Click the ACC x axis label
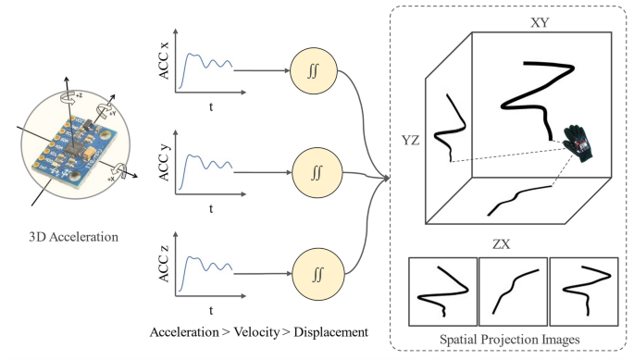coord(166,57)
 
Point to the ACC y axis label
coord(166,158)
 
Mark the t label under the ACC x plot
coord(211,108)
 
